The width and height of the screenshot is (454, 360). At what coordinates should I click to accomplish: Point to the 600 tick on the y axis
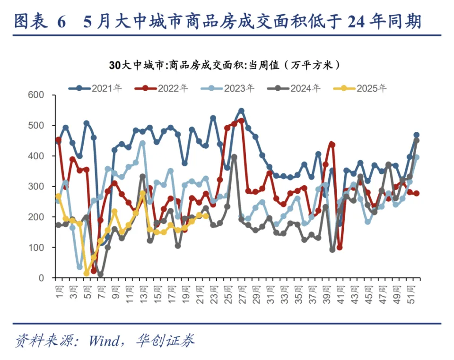pos(36,95)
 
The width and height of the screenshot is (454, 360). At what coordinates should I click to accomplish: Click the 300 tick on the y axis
pos(36,187)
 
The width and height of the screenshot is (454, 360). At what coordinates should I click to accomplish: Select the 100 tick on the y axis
pos(36,248)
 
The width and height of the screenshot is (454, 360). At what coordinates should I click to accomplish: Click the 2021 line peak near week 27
pos(241,111)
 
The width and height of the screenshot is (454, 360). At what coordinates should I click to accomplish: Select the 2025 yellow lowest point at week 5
pos(87,274)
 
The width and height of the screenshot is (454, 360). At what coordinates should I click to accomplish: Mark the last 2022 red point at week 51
pos(416,193)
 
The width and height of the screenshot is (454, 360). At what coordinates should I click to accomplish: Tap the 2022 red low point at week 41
pos(340,248)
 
